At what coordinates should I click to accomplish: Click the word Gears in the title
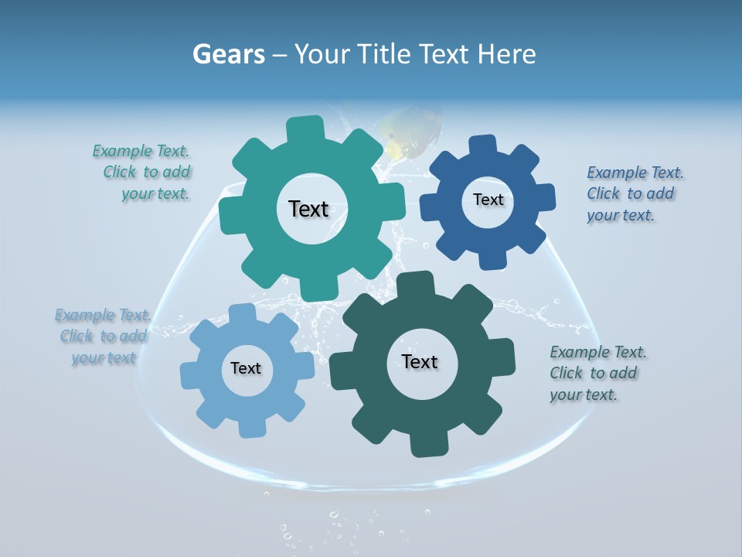click(x=229, y=54)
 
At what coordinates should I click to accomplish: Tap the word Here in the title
click(x=507, y=54)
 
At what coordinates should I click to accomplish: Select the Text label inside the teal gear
click(x=308, y=209)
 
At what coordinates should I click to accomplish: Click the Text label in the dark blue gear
click(x=488, y=200)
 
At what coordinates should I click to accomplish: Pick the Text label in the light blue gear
click(x=246, y=369)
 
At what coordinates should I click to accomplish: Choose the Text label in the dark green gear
click(x=420, y=361)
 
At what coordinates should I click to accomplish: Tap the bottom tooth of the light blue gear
click(x=251, y=428)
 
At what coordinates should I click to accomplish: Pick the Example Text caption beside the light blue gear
click(x=102, y=337)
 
